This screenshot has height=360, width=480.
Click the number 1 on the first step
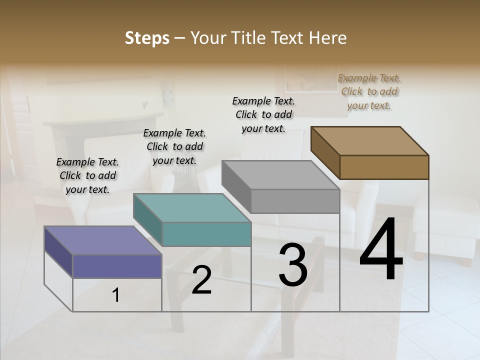[x=116, y=295]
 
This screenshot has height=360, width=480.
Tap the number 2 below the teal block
[x=201, y=280]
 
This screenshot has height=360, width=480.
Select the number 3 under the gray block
[x=293, y=264]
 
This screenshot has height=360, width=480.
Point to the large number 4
[x=381, y=249]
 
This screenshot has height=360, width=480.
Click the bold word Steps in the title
[x=147, y=38]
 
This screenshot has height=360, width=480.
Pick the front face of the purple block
[x=117, y=266]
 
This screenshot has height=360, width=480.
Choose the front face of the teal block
[x=206, y=234]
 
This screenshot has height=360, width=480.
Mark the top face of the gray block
[x=280, y=174]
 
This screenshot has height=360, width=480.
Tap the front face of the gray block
[x=295, y=201]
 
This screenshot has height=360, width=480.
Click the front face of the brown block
[x=384, y=167]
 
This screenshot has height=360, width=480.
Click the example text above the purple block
[x=87, y=175]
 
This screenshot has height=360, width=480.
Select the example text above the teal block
[x=174, y=146]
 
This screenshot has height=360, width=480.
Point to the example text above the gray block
[x=263, y=114]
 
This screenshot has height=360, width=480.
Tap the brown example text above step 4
[x=369, y=91]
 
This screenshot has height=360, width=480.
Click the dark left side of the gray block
[x=236, y=187]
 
